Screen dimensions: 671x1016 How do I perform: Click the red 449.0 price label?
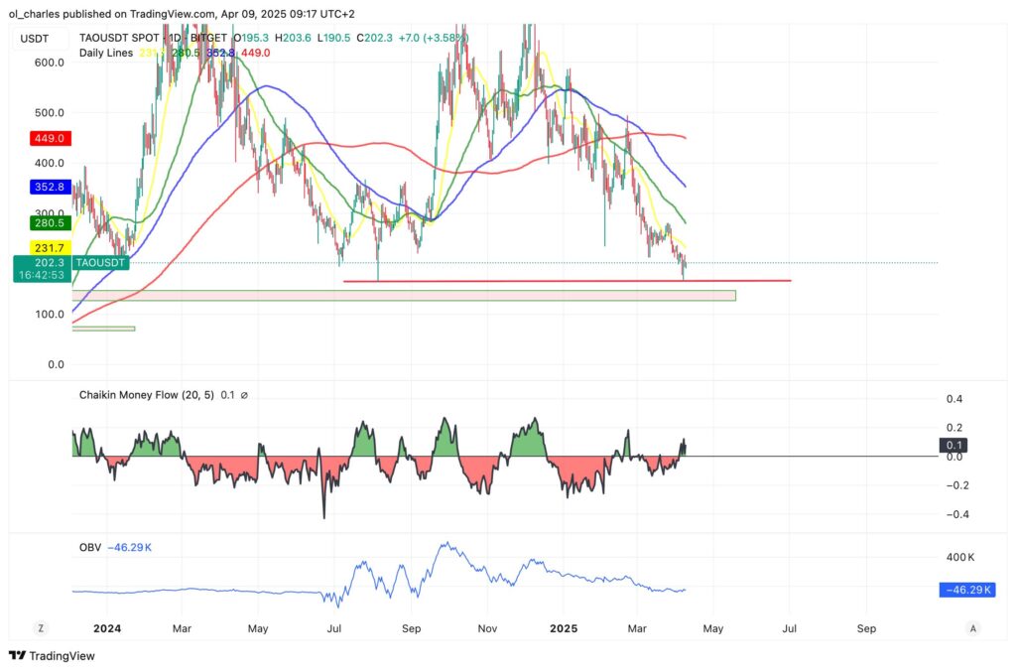[x=49, y=138]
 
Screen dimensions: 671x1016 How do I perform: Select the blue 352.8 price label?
[x=49, y=186]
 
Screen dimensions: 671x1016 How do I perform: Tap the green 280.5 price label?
[x=49, y=223]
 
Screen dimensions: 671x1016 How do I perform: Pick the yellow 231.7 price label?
[x=49, y=247]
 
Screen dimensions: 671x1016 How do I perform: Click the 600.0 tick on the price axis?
[x=49, y=62]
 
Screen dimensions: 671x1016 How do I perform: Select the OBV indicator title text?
[x=89, y=547]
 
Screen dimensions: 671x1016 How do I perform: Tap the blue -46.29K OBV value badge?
[x=966, y=590]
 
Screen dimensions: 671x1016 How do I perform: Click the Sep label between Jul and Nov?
[x=412, y=628]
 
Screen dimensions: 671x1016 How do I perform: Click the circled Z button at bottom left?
[x=41, y=628]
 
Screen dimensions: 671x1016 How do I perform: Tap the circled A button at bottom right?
[x=973, y=628]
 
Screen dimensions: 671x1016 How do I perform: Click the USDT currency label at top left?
[x=36, y=38]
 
